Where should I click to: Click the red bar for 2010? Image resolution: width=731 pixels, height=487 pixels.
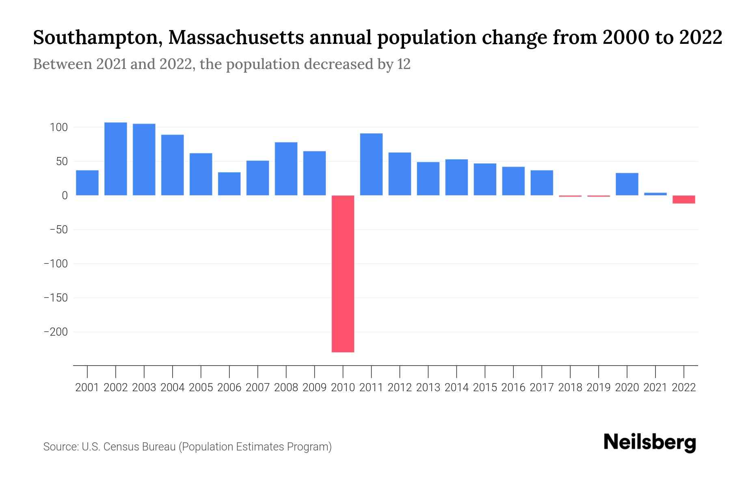(x=343, y=274)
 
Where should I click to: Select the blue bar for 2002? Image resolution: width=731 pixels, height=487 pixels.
(x=116, y=159)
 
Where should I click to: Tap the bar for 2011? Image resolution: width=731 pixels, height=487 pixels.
(x=371, y=164)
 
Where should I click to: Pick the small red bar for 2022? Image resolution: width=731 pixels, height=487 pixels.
(x=683, y=199)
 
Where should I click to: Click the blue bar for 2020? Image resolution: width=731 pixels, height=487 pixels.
(x=627, y=184)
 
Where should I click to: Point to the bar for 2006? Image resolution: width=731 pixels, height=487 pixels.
(x=229, y=184)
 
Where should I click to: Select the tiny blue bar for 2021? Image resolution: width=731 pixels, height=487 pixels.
(x=655, y=194)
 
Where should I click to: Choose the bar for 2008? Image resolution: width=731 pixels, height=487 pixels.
(x=286, y=169)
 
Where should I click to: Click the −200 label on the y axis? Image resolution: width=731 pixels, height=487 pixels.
(x=56, y=332)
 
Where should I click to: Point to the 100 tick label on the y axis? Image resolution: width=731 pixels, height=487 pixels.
(x=58, y=127)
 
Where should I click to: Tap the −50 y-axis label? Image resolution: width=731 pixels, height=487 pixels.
(x=58, y=230)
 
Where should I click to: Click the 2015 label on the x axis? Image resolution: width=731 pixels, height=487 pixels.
(x=485, y=388)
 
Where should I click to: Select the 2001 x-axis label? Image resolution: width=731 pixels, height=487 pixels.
(x=87, y=388)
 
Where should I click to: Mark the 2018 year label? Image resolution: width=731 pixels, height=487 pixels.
(x=570, y=388)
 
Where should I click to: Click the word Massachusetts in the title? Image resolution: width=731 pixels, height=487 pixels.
(x=236, y=38)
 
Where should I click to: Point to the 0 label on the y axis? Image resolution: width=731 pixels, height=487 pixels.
(x=65, y=196)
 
